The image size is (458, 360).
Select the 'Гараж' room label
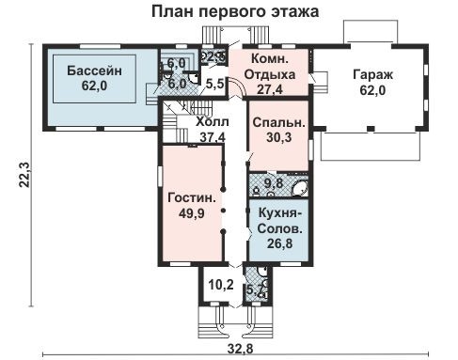click(374, 75)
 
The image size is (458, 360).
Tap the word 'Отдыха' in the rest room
click(270, 74)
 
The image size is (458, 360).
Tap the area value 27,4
click(270, 89)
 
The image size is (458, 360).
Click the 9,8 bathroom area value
click(273, 183)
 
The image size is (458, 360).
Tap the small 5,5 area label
click(213, 85)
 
